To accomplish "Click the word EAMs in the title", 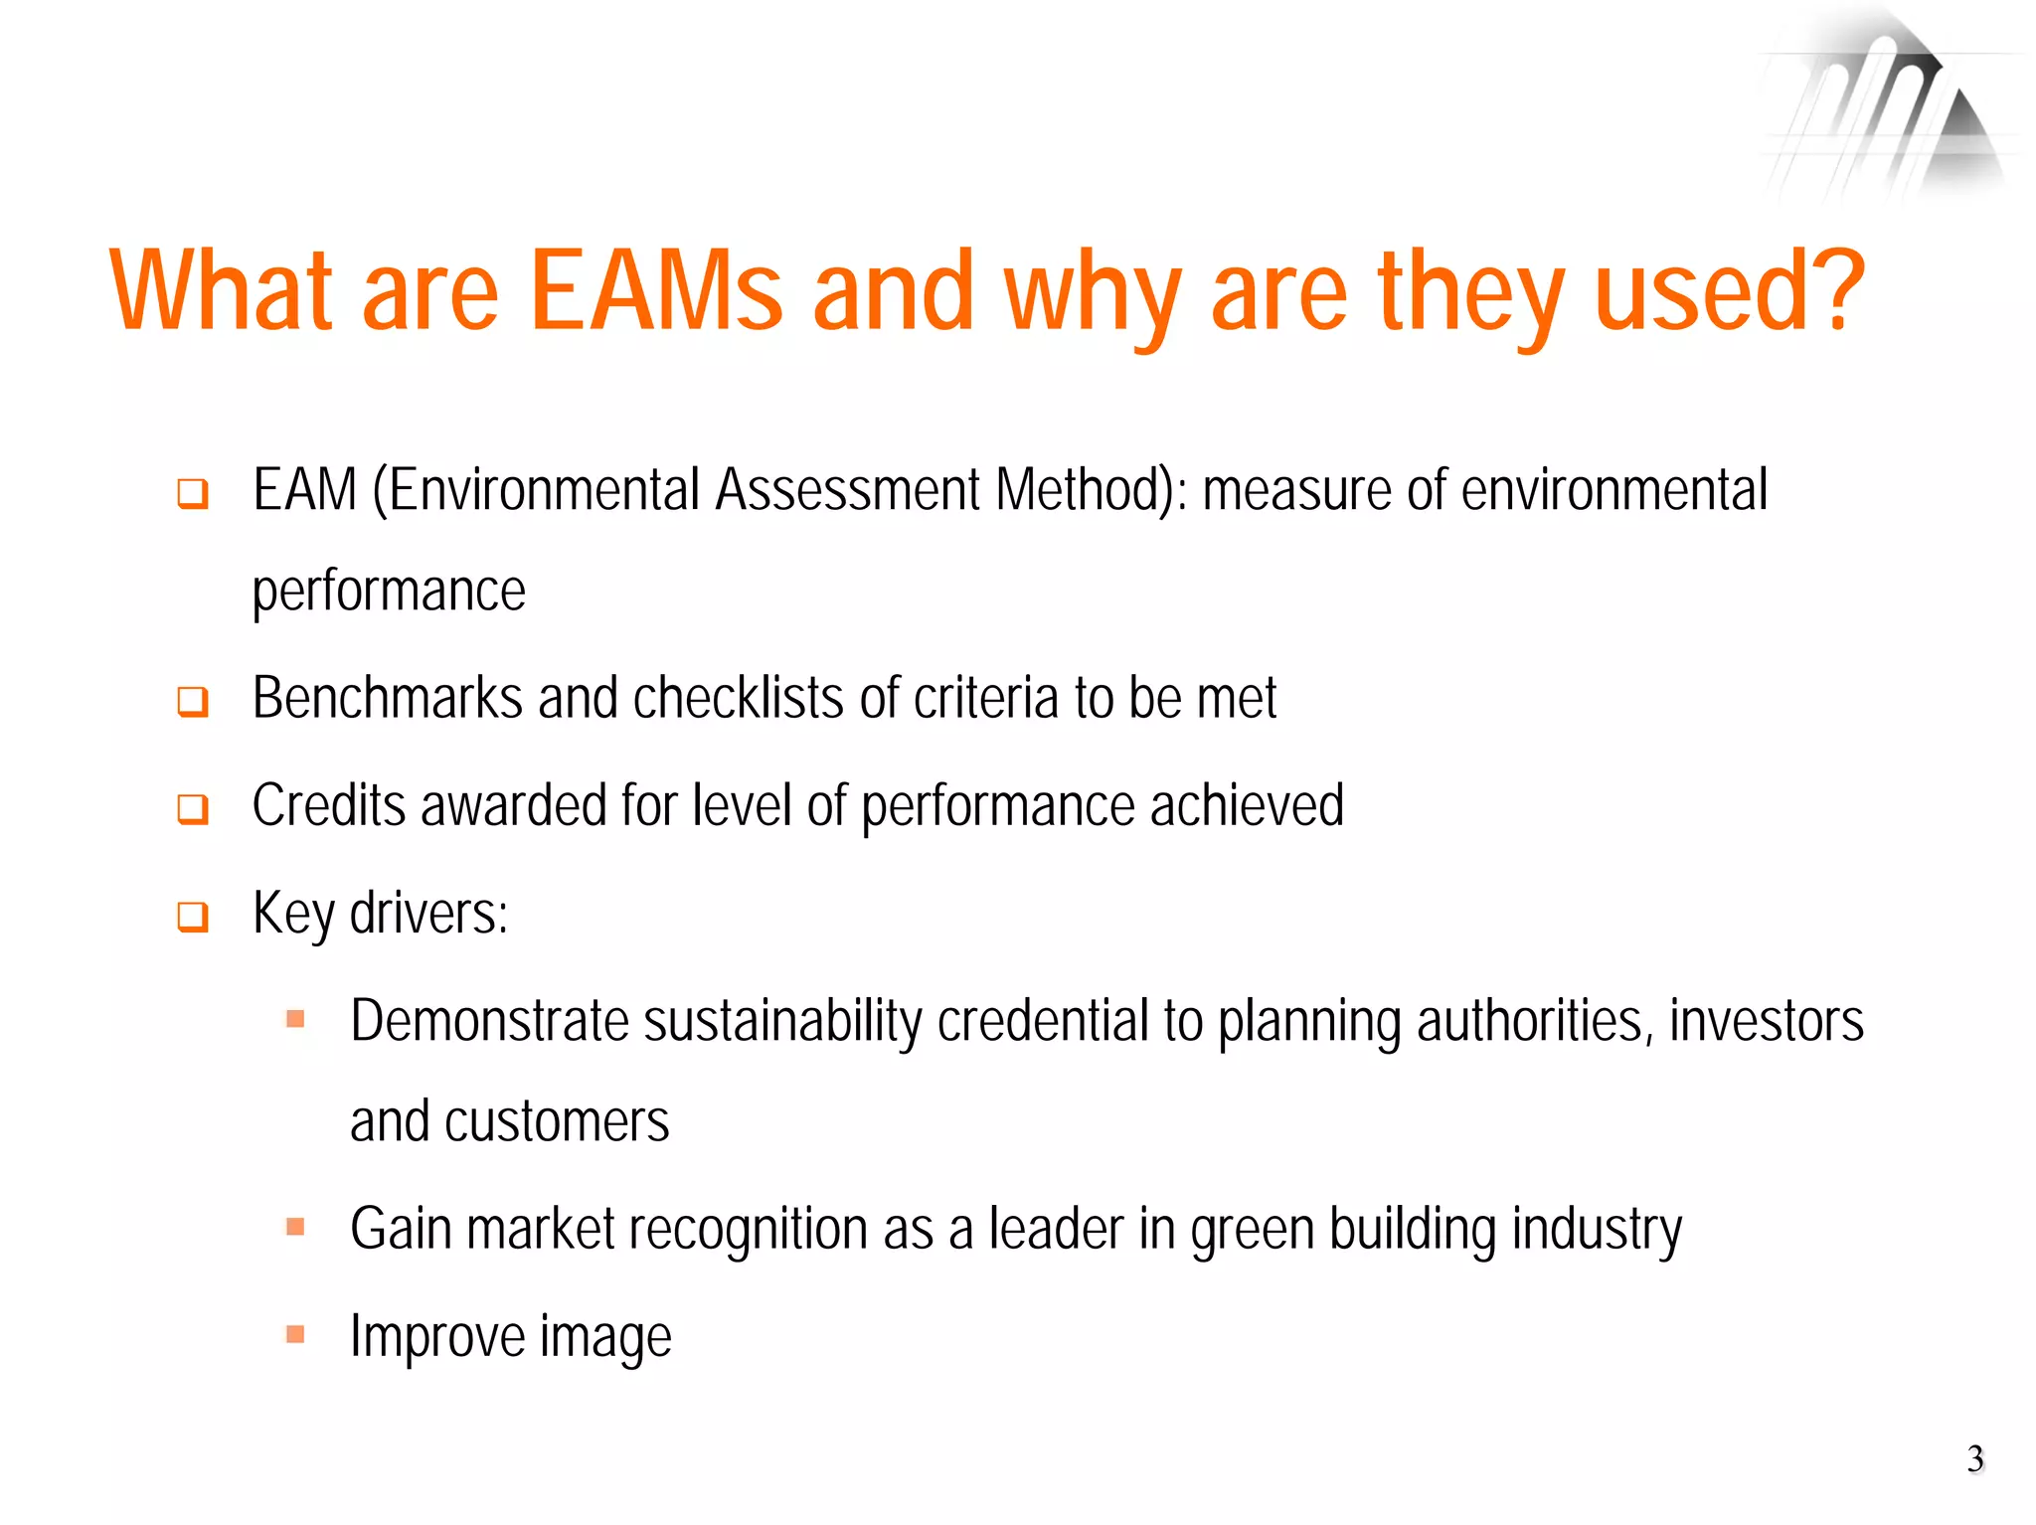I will coord(657,290).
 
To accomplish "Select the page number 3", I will coord(1974,1458).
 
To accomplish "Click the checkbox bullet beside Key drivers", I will coord(193,916).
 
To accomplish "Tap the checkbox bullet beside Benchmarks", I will coord(193,701).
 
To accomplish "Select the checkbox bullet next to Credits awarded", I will coord(193,808).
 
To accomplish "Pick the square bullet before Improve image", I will coord(295,1334).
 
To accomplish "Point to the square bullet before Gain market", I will coord(295,1226).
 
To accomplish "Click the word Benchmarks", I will coord(388,698).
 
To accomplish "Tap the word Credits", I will coord(329,805).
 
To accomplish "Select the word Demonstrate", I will coord(489,1021).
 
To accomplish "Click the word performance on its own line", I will coord(389,593).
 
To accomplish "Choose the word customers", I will coord(557,1122).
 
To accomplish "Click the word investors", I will coord(1766,1021).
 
